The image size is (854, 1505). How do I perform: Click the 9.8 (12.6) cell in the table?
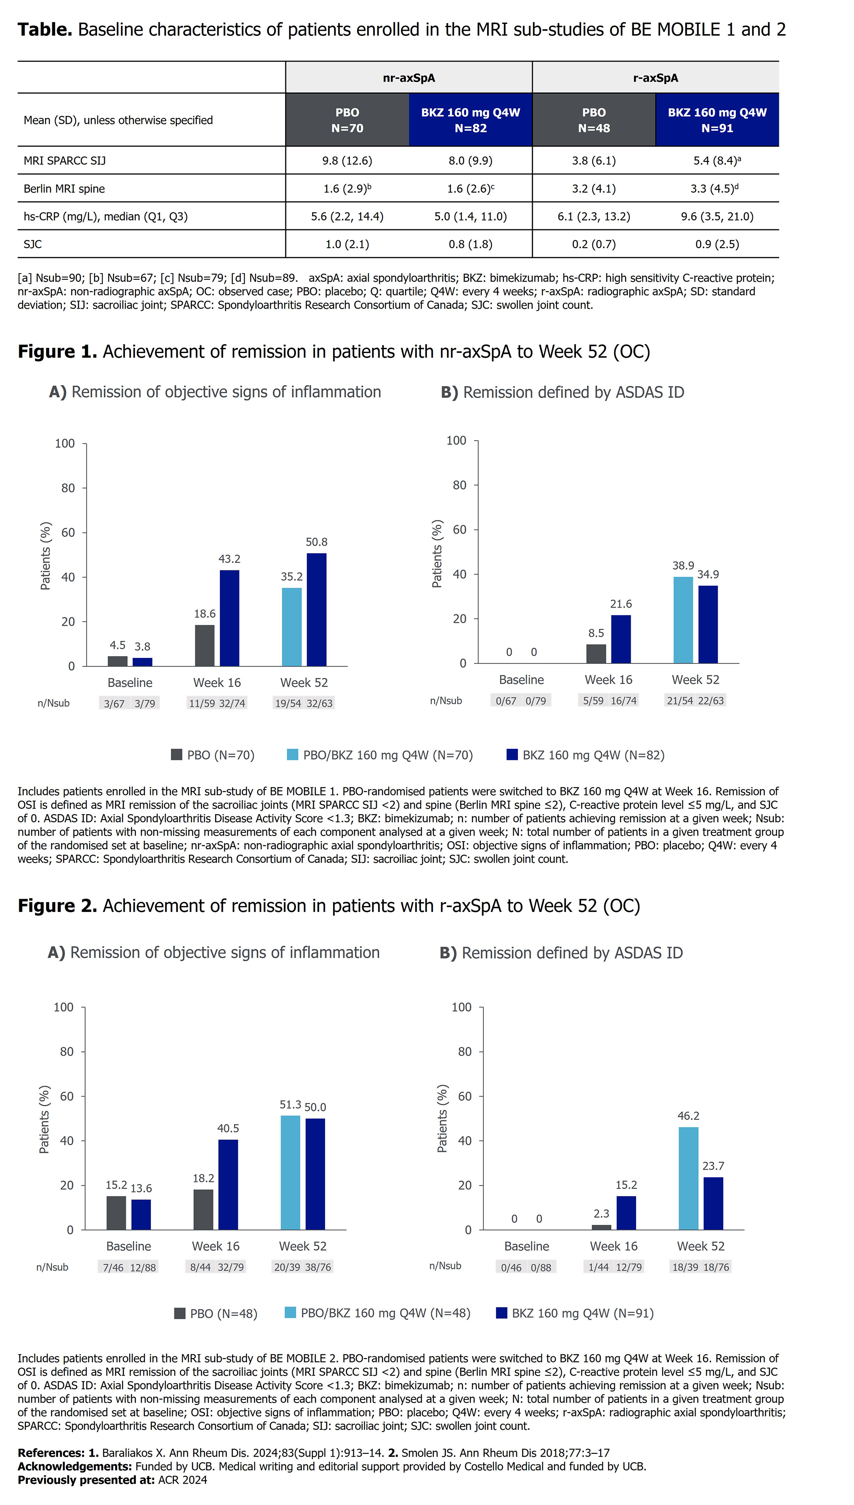(347, 161)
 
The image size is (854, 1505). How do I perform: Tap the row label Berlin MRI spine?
(64, 189)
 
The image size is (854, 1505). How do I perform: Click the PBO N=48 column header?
(594, 120)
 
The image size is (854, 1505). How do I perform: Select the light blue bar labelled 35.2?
(292, 627)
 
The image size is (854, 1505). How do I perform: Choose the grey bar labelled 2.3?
(601, 1227)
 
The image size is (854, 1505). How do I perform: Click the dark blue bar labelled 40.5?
(228, 1184)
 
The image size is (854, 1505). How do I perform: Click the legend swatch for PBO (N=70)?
(176, 754)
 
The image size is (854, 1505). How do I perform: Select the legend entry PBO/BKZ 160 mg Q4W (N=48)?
(378, 1313)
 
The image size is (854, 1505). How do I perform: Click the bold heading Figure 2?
(57, 906)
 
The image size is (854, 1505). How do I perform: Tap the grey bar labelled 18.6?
(205, 646)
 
